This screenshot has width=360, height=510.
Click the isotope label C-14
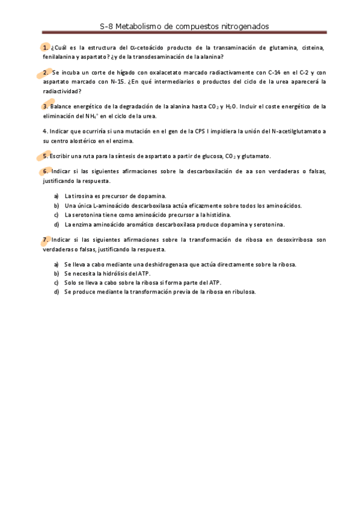click(276, 72)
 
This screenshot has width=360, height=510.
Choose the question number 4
click(45, 131)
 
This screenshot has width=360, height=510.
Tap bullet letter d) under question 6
click(56, 224)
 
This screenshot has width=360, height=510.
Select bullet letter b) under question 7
click(56, 273)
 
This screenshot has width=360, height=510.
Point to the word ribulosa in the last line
click(242, 292)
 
